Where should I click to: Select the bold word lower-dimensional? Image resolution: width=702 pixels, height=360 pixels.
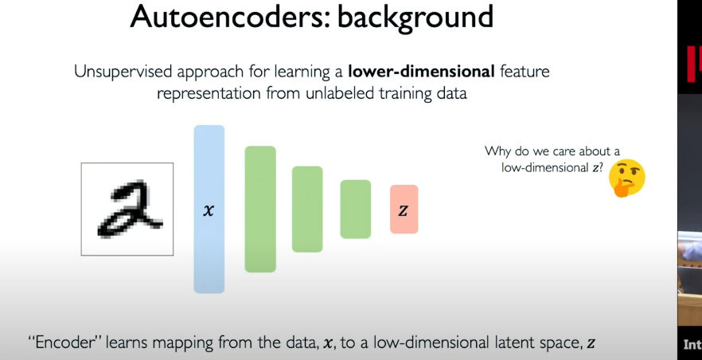click(421, 72)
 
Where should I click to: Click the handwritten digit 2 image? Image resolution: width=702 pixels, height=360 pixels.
click(127, 209)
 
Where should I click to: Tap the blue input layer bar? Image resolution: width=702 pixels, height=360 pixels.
click(209, 209)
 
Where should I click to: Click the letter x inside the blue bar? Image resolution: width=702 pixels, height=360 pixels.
click(209, 210)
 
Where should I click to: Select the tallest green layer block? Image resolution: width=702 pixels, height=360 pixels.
click(260, 209)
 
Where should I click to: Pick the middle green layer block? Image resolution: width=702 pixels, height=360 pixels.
click(307, 209)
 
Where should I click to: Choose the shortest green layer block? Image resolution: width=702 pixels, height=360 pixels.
click(356, 209)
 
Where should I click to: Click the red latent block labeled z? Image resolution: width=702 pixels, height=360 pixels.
click(404, 209)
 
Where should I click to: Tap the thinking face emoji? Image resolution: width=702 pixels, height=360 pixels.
click(627, 178)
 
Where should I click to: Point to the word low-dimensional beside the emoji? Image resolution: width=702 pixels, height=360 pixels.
click(543, 168)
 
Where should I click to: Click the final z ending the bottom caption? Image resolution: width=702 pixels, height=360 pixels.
click(591, 344)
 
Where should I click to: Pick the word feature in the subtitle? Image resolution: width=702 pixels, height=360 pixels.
click(525, 72)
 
